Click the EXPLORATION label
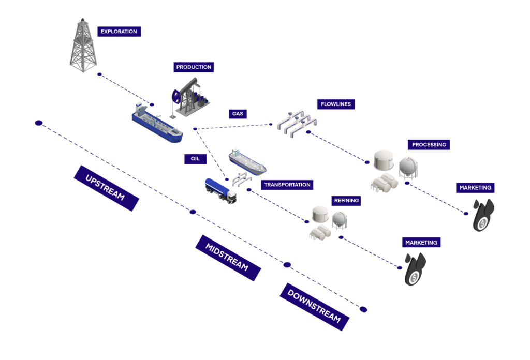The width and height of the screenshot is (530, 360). pos(119,32)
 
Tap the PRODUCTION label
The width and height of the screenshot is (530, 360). pos(194,67)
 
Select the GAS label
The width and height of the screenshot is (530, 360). pos(238,114)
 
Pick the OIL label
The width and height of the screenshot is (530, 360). pos(195,159)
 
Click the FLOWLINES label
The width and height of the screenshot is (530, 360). pos(335,104)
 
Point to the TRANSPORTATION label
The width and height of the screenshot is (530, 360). pos(287,185)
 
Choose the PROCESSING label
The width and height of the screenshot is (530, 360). pos(429,144)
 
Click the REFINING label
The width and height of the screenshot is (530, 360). pos(346,201)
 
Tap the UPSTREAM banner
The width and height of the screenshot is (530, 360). pos(106,188)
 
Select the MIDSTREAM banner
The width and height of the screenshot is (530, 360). pos(228,258)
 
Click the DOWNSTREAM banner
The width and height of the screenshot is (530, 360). pos(314,307)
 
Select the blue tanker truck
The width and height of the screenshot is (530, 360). pos(220,191)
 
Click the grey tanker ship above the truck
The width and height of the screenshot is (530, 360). pos(247,162)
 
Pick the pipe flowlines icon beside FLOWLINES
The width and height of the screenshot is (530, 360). pos(297,124)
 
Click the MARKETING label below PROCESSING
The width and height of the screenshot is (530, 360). pos(475,188)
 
